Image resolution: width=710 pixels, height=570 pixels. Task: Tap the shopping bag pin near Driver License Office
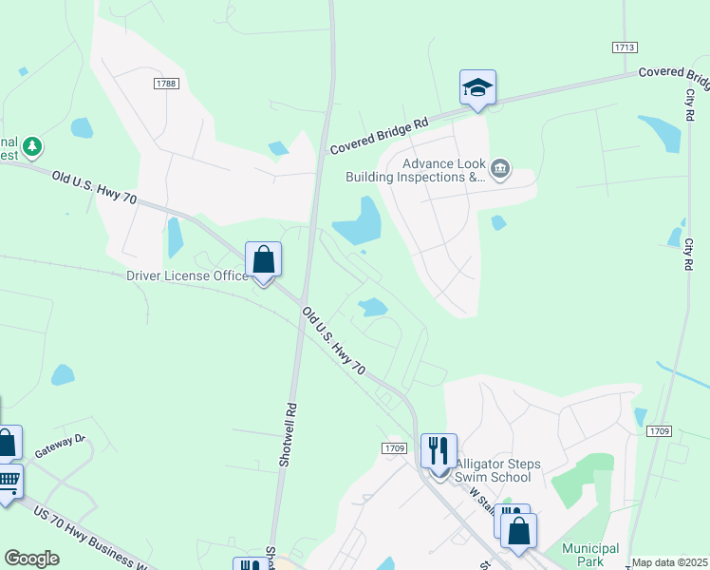263,258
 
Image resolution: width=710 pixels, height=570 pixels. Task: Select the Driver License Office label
186,276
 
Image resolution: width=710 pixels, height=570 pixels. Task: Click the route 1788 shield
166,85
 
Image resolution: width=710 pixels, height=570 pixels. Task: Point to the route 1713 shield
624,47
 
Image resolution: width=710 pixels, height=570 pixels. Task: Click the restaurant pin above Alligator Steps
439,449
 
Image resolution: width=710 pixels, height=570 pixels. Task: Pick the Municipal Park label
589,555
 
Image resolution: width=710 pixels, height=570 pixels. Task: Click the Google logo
31,559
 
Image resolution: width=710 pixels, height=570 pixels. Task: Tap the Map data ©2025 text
669,562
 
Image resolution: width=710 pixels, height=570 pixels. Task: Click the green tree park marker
33,146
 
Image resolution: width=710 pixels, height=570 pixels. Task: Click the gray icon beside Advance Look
500,170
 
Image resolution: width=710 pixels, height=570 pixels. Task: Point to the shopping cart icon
9,480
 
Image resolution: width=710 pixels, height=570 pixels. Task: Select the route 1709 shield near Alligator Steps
396,448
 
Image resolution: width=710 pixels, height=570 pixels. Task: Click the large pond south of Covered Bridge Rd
358,221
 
